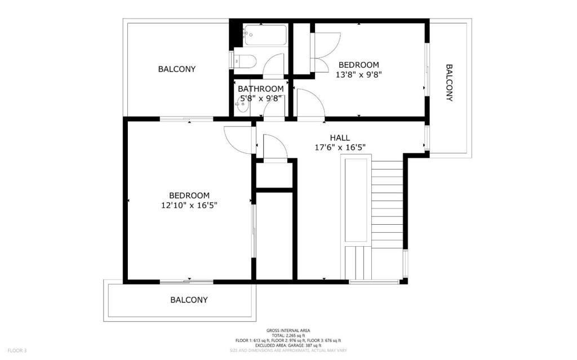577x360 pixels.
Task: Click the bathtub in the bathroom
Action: tap(265, 35)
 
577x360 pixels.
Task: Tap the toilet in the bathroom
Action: tap(245, 61)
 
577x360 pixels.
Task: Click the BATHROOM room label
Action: tap(260, 88)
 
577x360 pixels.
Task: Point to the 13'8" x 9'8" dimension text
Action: tap(358, 75)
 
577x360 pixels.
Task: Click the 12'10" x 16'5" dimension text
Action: tap(189, 206)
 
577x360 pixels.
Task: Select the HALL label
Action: tap(340, 138)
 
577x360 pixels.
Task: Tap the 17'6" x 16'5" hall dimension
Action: tap(340, 148)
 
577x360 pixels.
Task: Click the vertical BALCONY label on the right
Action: tap(449, 83)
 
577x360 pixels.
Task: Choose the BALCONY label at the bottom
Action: tap(189, 300)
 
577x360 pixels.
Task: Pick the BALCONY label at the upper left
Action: tap(176, 69)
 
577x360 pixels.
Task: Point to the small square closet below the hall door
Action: tap(274, 175)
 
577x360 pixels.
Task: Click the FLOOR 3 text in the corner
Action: tap(17, 351)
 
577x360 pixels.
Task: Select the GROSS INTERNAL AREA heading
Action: tap(288, 331)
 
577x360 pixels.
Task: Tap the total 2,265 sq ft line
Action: tap(288, 336)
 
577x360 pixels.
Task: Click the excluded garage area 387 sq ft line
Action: tap(288, 346)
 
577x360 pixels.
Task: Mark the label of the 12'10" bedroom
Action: tap(189, 195)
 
